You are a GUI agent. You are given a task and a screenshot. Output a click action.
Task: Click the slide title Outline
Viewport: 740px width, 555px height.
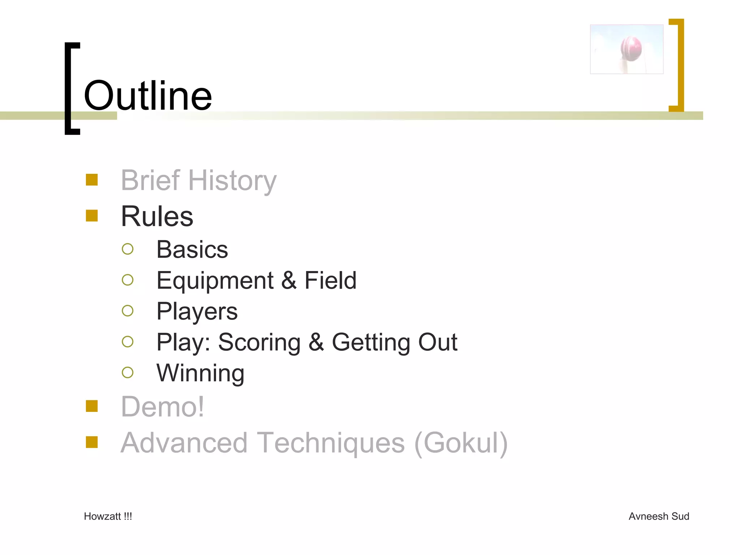[148, 96]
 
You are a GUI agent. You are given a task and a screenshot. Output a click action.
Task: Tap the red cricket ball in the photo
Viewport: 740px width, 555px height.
[631, 48]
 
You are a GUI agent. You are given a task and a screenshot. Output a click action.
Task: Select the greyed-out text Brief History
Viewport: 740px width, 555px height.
[198, 180]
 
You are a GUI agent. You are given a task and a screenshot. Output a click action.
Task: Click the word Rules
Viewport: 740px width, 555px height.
[157, 216]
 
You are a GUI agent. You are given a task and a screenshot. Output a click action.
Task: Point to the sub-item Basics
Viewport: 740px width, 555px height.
[192, 249]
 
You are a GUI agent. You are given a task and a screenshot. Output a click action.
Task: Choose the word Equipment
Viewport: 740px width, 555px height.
[215, 280]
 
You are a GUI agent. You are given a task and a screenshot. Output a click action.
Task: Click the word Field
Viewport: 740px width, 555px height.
[330, 280]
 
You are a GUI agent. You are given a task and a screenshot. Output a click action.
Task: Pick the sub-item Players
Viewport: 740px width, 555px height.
[197, 311]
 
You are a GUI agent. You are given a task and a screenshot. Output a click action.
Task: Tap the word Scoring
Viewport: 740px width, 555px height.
[259, 342]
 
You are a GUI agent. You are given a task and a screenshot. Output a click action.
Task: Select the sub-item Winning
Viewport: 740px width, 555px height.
[200, 373]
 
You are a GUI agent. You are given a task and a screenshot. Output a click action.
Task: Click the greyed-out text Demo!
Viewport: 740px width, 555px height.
[162, 407]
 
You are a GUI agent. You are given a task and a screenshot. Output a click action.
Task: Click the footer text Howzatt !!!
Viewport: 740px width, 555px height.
[108, 516]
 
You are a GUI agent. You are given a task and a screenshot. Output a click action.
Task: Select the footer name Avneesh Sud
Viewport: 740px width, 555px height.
[659, 516]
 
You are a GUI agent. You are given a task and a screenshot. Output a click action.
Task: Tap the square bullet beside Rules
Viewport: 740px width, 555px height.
[92, 216]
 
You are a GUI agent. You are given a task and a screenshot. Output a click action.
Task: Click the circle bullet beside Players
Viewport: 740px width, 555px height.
[128, 311]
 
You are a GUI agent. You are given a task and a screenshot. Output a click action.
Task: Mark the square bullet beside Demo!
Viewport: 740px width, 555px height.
[92, 406]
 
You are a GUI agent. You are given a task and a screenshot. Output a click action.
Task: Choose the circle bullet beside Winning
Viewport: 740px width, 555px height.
[128, 373]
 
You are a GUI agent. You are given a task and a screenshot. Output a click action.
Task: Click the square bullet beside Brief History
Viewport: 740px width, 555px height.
[92, 180]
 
